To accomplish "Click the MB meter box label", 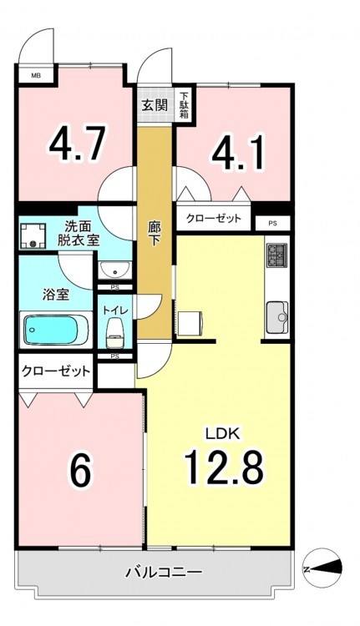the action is coord(36,74).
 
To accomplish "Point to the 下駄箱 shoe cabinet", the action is coord(184,104).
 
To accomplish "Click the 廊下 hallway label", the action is coord(155,234).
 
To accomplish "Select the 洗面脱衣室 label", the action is coord(78,234).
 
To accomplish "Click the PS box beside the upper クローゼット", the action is coord(272,224).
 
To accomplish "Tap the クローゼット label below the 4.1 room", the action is coord(214,219).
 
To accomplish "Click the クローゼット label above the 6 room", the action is coord(56,371).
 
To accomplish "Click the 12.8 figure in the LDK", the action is coord(223,467).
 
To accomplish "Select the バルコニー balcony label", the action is coord(165,573).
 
